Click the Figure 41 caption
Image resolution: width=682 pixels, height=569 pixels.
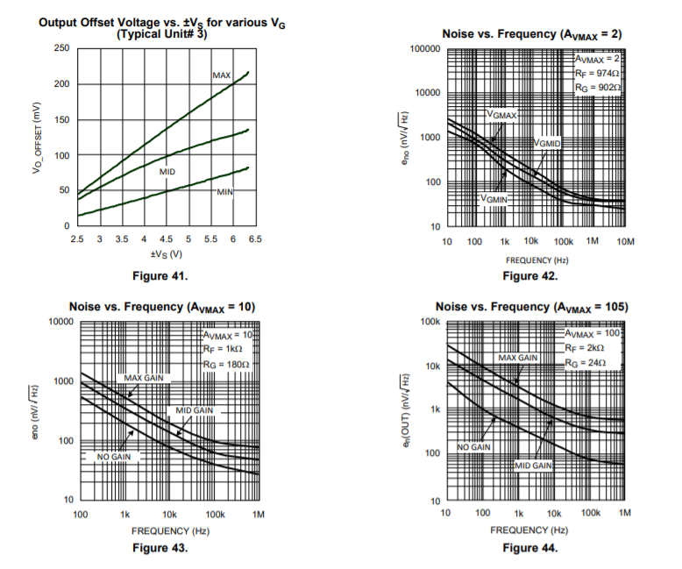point(160,277)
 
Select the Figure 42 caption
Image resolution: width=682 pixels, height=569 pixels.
point(530,276)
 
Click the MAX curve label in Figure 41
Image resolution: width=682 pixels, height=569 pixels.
point(222,76)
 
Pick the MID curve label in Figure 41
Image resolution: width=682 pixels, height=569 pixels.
point(167,172)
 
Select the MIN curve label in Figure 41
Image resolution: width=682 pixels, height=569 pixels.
point(225,191)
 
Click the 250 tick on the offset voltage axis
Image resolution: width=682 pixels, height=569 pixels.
point(61,47)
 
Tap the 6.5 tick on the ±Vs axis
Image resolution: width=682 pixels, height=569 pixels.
point(255,238)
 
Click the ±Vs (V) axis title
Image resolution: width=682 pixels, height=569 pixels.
point(166,254)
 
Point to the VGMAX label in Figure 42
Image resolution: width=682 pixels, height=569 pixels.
point(502,115)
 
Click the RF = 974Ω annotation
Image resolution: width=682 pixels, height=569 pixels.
point(599,74)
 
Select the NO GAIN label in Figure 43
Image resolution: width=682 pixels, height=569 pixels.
point(114,458)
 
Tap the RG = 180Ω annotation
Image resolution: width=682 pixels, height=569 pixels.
point(227,364)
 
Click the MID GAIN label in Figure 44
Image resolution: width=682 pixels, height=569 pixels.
point(533,466)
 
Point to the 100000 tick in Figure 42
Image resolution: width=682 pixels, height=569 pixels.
point(425,49)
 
